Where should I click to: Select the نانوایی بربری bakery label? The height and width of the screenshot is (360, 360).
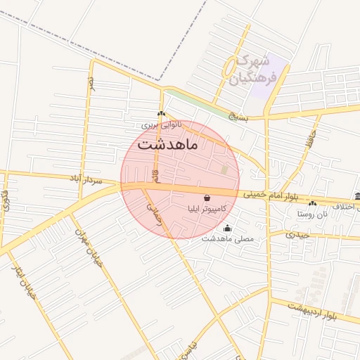point(161,124)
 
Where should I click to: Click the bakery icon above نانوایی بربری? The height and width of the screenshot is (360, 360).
point(161,114)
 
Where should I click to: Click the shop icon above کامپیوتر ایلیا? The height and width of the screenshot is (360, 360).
point(207,199)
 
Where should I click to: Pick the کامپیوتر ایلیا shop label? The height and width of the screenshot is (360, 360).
point(203,209)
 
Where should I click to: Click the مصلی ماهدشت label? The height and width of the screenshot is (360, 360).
point(226,238)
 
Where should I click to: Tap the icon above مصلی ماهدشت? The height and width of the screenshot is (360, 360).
point(226,228)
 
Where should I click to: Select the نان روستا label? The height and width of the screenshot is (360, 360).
point(313,212)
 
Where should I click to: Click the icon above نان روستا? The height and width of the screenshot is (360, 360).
point(313,202)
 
